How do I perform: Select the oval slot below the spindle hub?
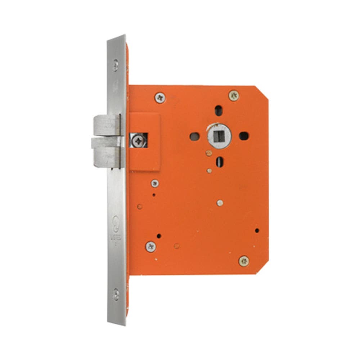coord(219,162)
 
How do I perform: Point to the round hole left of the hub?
coord(194,136)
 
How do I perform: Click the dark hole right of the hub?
coord(244,136)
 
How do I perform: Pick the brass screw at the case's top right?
coord(234,95)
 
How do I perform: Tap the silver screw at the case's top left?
coord(159,97)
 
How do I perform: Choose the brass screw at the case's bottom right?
coord(244,261)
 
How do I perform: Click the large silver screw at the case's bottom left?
coord(151,247)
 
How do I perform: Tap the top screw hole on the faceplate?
coord(116,65)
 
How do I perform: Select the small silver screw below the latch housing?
coord(155,183)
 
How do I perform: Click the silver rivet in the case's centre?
coord(220,203)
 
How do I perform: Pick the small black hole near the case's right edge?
coord(257,230)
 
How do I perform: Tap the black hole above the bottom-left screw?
coord(159,237)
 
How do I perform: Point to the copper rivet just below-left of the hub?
coord(209,153)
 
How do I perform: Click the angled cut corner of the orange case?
coord(262,93)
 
